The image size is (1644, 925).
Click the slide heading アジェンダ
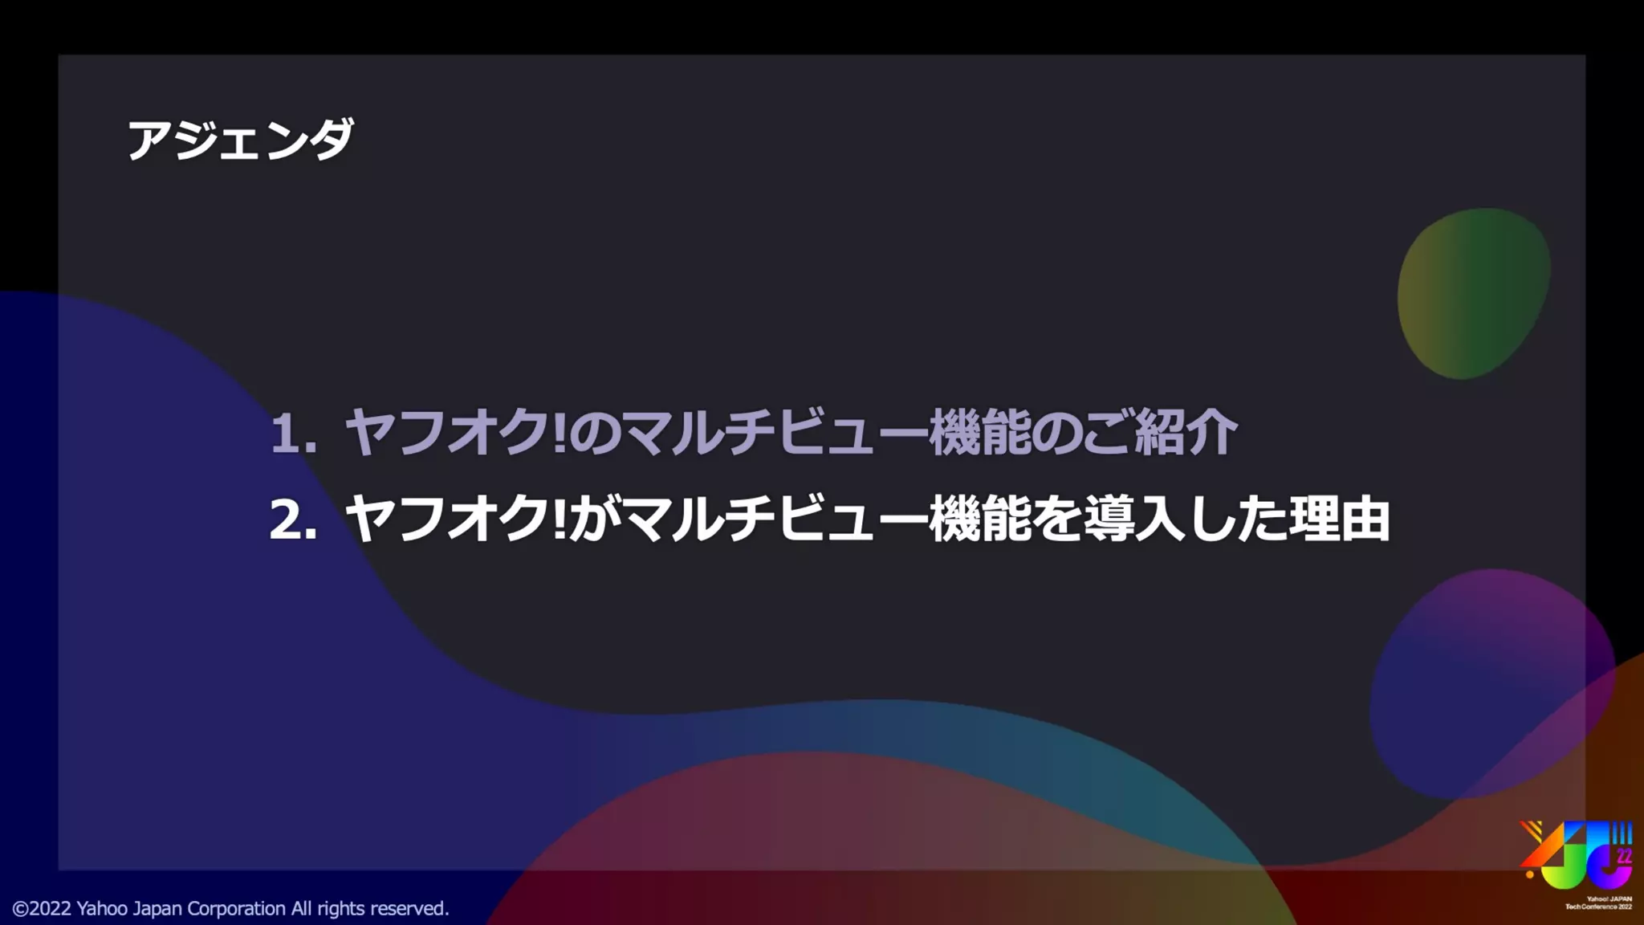coord(240,140)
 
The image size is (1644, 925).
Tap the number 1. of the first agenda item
coord(293,434)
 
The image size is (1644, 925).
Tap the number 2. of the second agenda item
coord(293,520)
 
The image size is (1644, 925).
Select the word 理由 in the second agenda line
coord(1339,520)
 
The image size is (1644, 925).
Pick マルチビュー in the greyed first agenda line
coord(775,433)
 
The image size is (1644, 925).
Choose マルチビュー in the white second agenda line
coord(775,520)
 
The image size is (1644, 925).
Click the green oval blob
coord(1473,294)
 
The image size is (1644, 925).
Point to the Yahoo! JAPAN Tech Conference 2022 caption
coord(1598,903)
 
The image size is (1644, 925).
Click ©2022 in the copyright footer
coord(42,909)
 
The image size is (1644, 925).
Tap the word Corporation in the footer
coord(236,909)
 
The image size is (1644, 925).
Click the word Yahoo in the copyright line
coord(102,909)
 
